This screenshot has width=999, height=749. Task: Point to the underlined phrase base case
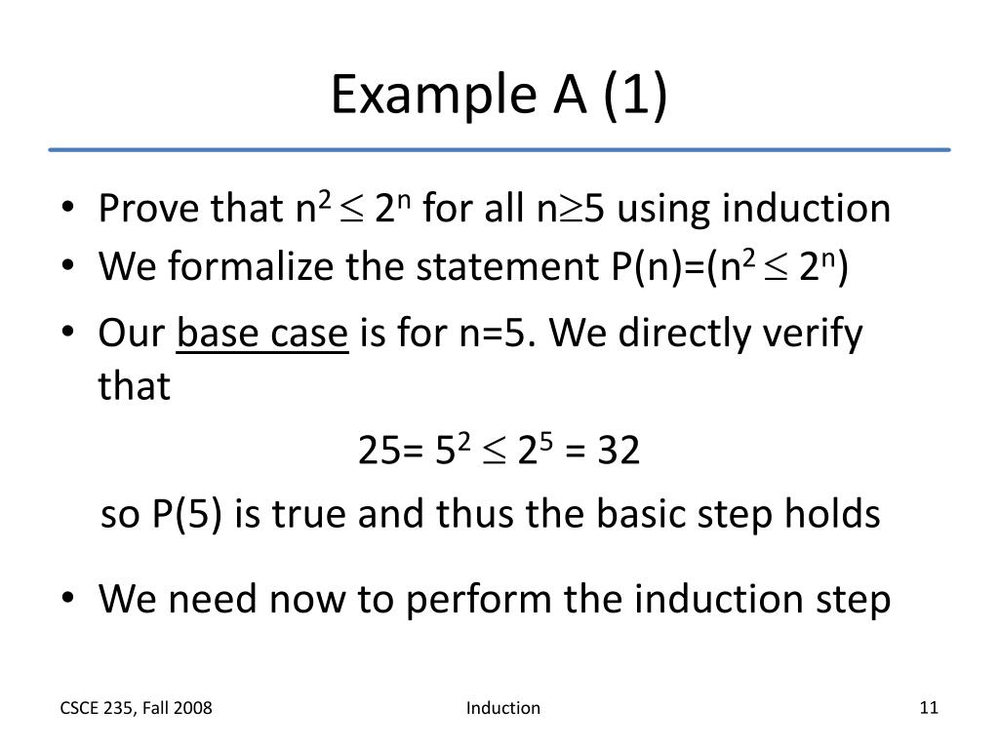click(x=262, y=335)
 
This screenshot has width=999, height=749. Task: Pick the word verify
click(x=814, y=335)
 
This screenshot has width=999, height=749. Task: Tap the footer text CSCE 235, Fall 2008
click(x=136, y=708)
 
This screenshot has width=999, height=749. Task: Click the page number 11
click(x=928, y=708)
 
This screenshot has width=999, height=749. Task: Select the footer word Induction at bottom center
click(x=502, y=708)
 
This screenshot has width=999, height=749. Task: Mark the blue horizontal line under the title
click(x=499, y=149)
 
